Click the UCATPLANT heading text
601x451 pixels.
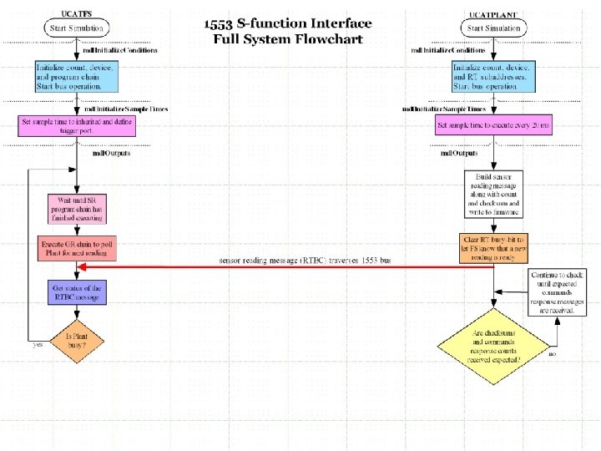[493, 14]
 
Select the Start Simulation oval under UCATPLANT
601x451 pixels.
[493, 28]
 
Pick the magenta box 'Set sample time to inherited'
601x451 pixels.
[76, 126]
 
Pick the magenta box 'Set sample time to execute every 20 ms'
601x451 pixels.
[493, 126]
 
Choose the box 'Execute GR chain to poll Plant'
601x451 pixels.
[76, 248]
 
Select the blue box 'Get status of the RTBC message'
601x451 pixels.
[76, 292]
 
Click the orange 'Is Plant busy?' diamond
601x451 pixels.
[76, 342]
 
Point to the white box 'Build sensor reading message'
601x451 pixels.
[493, 195]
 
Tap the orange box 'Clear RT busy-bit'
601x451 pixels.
[493, 247]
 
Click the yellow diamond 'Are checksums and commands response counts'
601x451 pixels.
[493, 342]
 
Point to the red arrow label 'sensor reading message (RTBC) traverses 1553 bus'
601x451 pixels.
[305, 261]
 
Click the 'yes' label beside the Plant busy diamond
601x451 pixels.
[38, 344]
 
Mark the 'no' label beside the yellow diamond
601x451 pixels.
[552, 354]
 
